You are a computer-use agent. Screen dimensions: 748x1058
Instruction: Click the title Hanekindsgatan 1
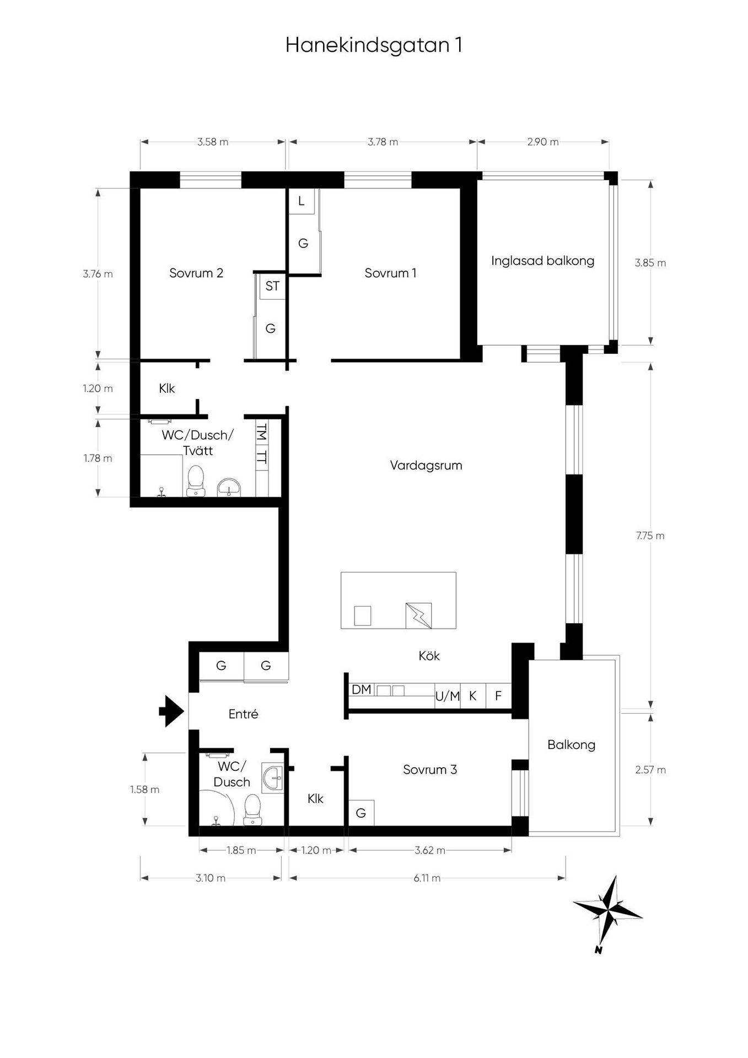click(x=374, y=45)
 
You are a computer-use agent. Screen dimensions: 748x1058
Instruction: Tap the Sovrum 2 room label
click(x=196, y=273)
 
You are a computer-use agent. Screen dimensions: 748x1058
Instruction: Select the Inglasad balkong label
click(x=543, y=261)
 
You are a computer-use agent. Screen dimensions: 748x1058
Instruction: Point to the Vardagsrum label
click(x=426, y=466)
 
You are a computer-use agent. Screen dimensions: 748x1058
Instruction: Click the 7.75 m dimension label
click(x=650, y=536)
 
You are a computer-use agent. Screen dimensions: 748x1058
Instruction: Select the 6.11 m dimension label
click(x=427, y=878)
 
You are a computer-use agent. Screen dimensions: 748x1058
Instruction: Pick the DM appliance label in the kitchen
click(x=362, y=689)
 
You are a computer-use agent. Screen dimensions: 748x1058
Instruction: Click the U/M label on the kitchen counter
click(x=447, y=697)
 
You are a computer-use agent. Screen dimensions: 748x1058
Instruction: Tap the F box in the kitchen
click(x=498, y=696)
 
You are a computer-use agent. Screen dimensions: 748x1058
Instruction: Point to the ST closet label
click(x=272, y=286)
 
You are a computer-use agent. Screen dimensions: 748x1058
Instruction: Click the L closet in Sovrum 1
click(x=302, y=201)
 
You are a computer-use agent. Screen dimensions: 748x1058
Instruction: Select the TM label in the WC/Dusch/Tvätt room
click(x=262, y=433)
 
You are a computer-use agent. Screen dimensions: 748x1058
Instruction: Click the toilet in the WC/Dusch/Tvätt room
click(x=196, y=481)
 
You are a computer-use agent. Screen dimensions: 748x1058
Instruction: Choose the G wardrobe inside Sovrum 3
click(x=362, y=813)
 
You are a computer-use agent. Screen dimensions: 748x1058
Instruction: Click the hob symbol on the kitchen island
click(x=418, y=616)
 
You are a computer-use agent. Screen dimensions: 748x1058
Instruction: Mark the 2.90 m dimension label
click(x=543, y=142)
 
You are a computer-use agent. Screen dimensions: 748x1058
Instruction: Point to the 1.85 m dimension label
click(x=241, y=850)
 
